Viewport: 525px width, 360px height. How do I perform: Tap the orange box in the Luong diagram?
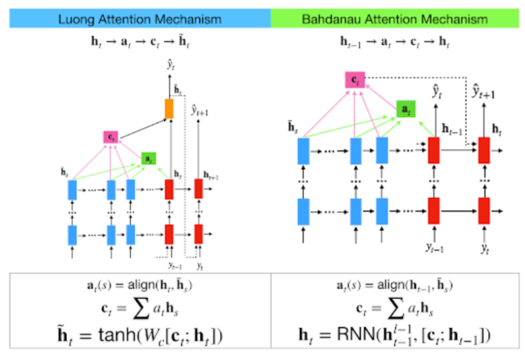[x=170, y=108]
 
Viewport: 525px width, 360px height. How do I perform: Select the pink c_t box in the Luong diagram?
[x=111, y=137]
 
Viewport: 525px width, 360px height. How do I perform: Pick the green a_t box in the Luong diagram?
[x=148, y=158]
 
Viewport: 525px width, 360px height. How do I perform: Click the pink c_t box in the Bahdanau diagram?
[x=355, y=80]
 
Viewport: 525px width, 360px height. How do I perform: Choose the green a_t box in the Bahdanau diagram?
[x=405, y=108]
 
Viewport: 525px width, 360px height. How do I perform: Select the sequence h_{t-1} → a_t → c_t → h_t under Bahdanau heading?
[x=394, y=43]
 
